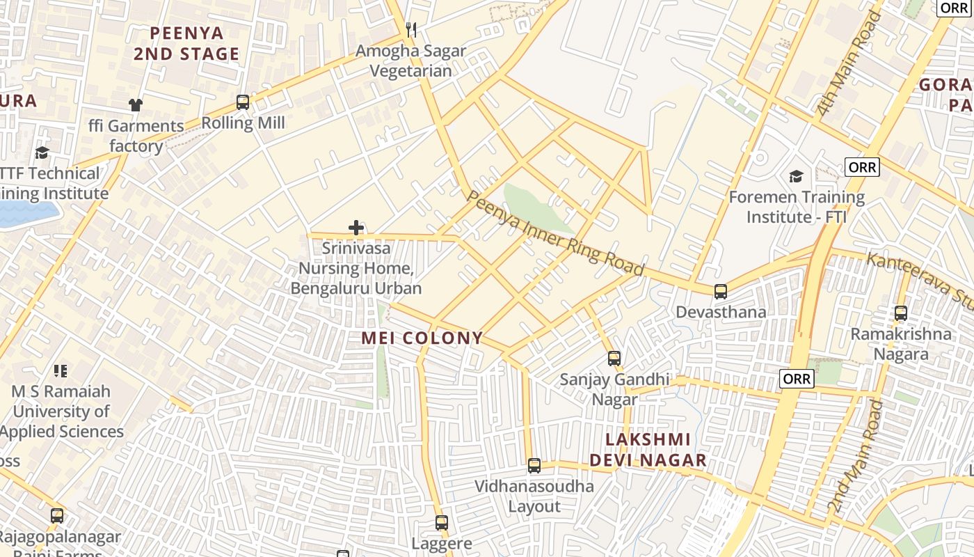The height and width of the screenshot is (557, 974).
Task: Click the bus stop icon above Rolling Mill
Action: [x=243, y=102]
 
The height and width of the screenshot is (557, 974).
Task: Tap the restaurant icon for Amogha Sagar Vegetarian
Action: [x=411, y=29]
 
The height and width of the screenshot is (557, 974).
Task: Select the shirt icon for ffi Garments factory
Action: [x=136, y=105]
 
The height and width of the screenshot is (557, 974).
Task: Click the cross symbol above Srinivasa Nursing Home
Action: [x=356, y=228]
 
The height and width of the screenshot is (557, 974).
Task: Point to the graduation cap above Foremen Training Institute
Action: [x=797, y=176]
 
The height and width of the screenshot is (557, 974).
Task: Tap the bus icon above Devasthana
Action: [x=721, y=292]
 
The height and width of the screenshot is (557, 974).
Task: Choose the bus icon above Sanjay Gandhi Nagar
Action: [x=614, y=359]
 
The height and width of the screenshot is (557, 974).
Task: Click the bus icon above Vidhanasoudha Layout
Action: [x=534, y=466]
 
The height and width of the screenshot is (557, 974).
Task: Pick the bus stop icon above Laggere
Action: [x=442, y=523]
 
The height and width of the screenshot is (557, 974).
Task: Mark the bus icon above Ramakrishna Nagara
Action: [x=901, y=313]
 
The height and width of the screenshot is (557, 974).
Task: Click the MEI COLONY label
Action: [x=422, y=338]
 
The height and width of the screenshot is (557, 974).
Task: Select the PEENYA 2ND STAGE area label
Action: [x=186, y=43]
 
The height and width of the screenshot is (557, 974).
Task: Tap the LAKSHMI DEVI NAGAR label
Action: [x=648, y=450]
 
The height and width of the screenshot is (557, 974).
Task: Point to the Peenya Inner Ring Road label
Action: [x=554, y=234]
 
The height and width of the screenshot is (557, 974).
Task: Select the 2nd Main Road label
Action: [x=855, y=457]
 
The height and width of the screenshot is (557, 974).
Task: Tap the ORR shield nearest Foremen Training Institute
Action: [x=862, y=167]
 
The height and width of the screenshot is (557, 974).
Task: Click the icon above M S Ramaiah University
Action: [x=61, y=370]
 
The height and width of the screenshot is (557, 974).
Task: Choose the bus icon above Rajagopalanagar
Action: [x=57, y=516]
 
